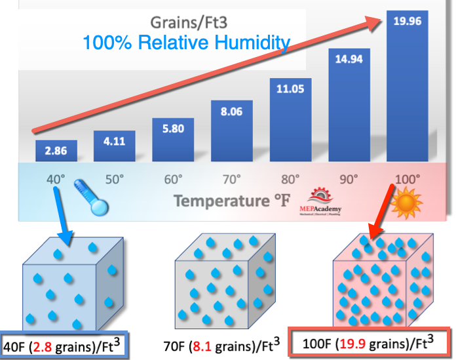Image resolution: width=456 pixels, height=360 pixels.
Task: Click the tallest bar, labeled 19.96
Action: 407,85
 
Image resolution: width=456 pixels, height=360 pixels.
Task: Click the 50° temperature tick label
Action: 114,178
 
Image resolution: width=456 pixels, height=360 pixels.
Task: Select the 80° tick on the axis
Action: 290,178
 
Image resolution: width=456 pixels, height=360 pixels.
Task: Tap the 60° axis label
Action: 173,178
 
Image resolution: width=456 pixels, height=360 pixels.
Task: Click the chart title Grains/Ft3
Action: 187,21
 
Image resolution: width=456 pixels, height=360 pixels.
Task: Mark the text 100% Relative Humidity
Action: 186,44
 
